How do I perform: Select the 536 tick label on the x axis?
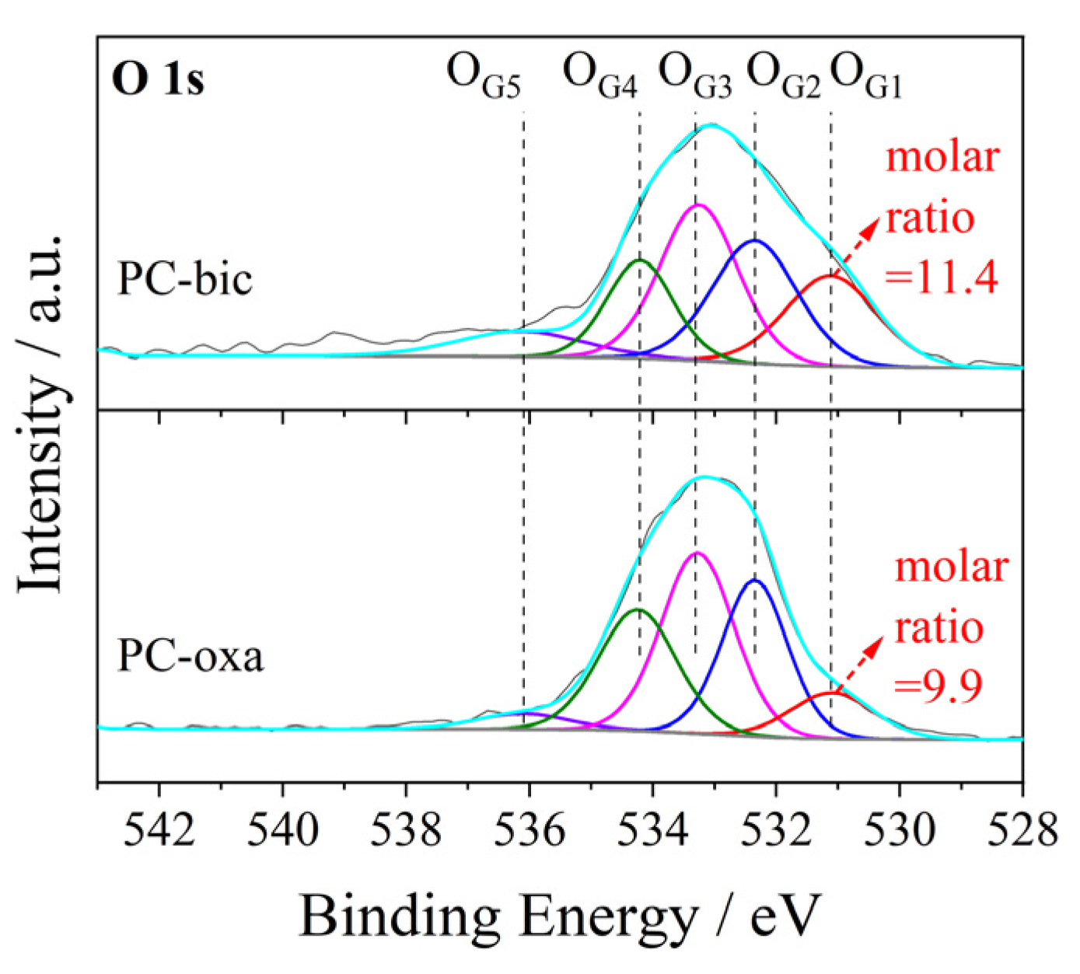[x=530, y=829]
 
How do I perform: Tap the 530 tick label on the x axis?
[x=900, y=829]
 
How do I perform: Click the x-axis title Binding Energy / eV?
[x=560, y=916]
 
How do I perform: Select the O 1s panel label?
[x=159, y=79]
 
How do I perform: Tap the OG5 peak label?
[x=483, y=76]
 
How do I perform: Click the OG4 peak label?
[x=599, y=76]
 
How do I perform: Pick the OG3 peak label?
[x=695, y=76]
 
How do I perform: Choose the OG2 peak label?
[x=783, y=76]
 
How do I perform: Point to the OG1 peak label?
[x=866, y=76]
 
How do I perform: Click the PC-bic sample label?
[x=184, y=278]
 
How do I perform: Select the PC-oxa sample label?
[x=190, y=655]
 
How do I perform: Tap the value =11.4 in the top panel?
[x=942, y=276]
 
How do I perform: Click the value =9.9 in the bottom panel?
[x=938, y=685]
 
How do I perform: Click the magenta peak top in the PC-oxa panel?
[x=697, y=553]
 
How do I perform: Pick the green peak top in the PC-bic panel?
[x=639, y=260]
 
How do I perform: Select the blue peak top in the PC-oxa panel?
[x=754, y=580]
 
